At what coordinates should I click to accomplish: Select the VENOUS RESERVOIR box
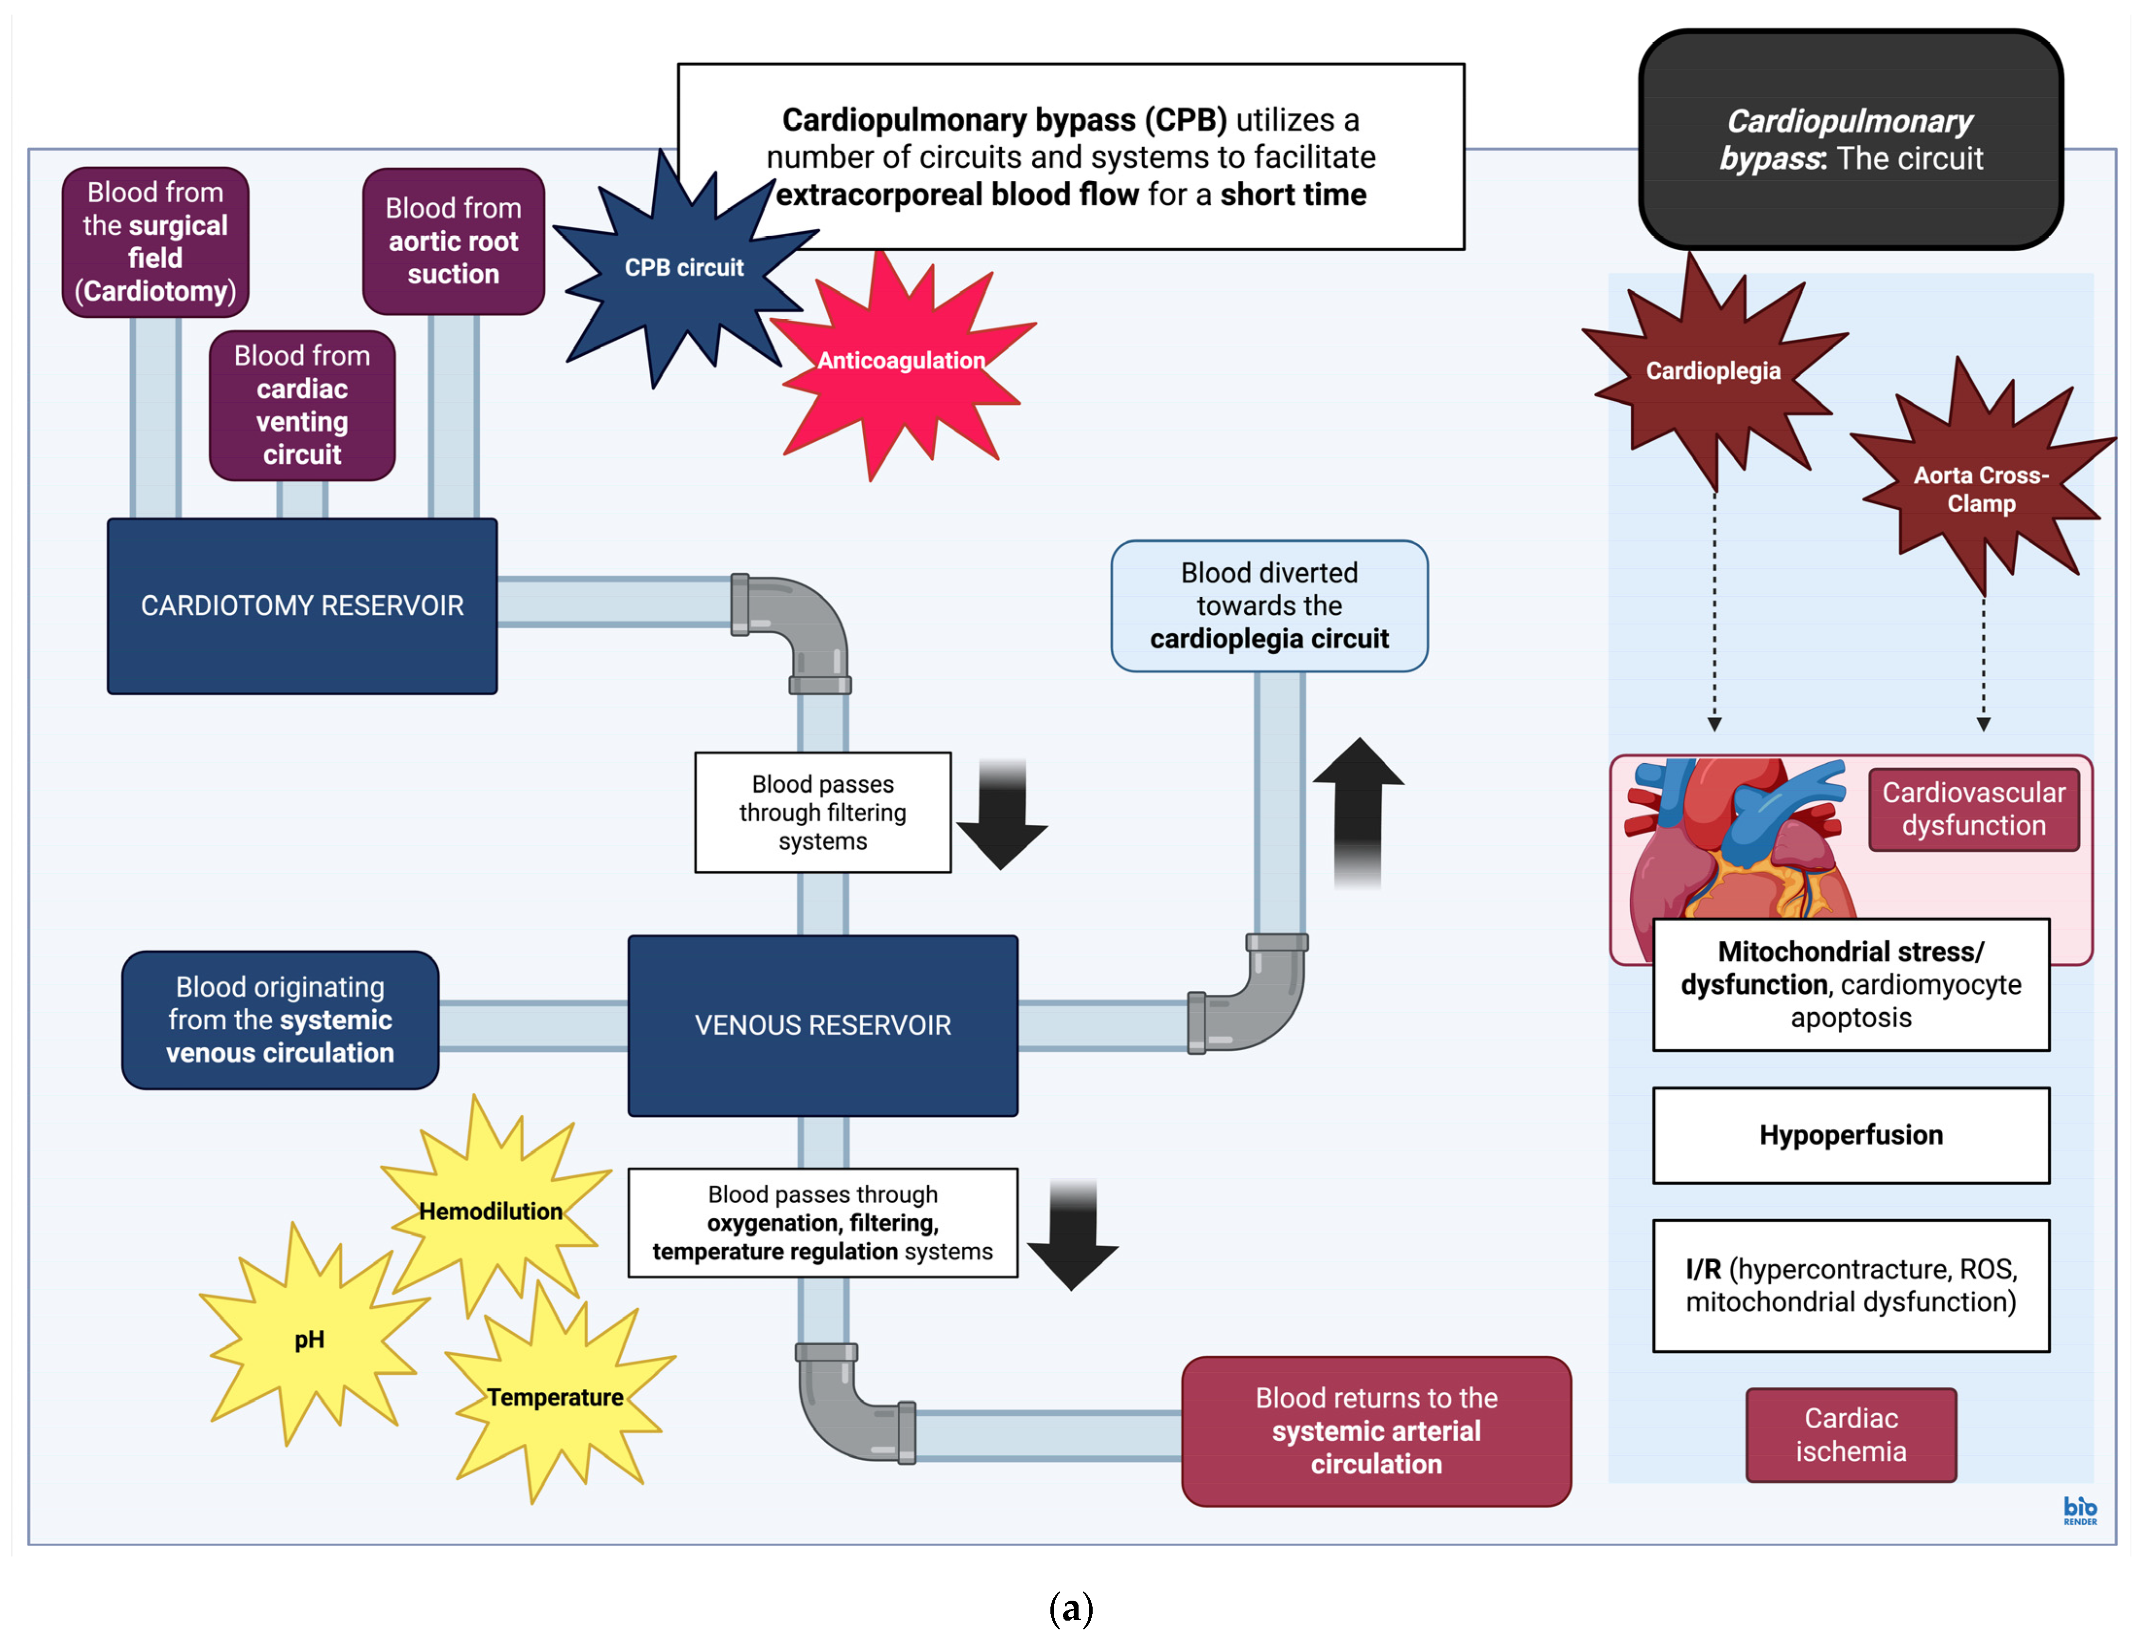[822, 1025]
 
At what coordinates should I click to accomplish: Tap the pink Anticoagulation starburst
[900, 362]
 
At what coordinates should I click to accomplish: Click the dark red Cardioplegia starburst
[1713, 371]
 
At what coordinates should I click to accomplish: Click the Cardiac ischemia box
[1851, 1435]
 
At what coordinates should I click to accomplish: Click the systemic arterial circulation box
[1376, 1431]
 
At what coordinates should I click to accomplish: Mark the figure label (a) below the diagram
[1070, 1608]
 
